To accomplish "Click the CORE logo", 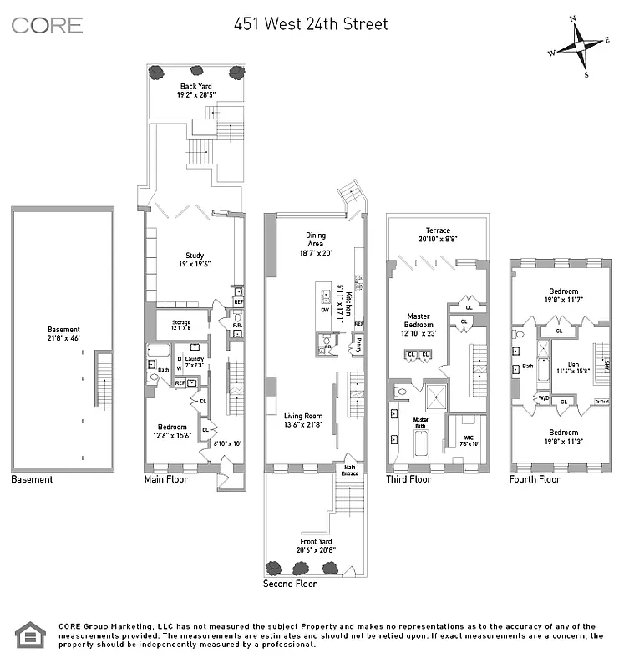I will (47, 25).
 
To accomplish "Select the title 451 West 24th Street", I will (311, 24).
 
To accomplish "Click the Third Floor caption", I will (408, 480).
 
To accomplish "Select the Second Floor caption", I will (290, 584).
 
